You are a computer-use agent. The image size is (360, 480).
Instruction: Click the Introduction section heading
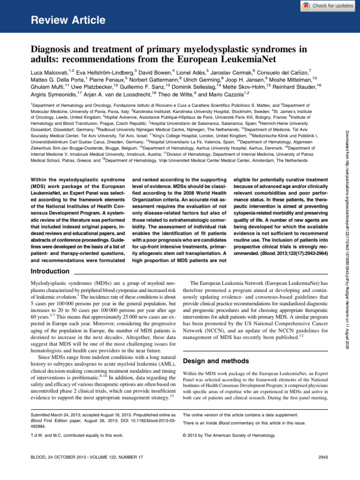50,271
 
